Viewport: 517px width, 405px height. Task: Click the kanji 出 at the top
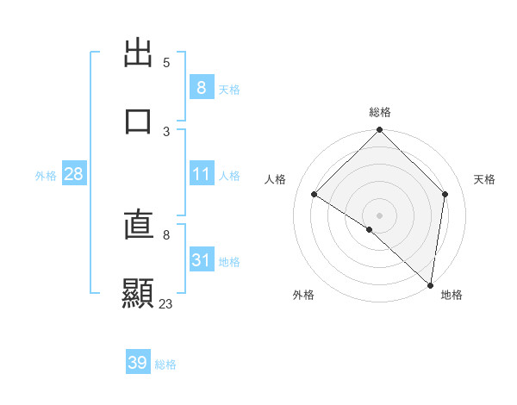tap(139, 53)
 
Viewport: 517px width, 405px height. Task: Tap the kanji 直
tap(139, 225)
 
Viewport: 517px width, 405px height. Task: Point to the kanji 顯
tap(139, 293)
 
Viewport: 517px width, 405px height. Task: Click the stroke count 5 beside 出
tap(166, 63)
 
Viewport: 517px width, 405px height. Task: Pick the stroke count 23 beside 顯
tap(166, 303)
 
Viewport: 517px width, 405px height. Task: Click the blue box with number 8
tap(201, 88)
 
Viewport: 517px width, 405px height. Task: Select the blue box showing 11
tap(201, 174)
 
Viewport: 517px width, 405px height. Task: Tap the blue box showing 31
tap(201, 260)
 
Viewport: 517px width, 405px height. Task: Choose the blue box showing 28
tap(74, 174)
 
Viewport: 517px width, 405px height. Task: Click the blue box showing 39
tap(138, 363)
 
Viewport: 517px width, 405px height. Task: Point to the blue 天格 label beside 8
tap(229, 89)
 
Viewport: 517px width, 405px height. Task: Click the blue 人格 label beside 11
tap(229, 175)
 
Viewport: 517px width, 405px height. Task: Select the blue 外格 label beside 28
tap(46, 175)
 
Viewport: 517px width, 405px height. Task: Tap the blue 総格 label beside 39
tap(166, 364)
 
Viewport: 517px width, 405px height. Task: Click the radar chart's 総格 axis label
tap(380, 112)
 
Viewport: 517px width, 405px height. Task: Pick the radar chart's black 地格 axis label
tap(452, 295)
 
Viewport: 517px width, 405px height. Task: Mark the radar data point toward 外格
tap(370, 229)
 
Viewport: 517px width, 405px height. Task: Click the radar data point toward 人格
tap(315, 195)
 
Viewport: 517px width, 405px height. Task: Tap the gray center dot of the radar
tap(380, 215)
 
